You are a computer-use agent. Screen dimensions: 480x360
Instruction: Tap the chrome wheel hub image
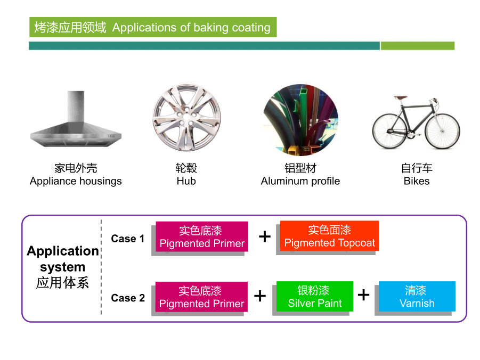point(186,118)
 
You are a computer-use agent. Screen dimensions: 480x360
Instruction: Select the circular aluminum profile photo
point(300,120)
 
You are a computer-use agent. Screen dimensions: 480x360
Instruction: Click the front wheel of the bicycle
point(442,131)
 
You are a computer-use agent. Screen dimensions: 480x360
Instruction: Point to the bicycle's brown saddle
point(401,98)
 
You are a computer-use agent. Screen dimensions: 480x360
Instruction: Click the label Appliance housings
point(76,181)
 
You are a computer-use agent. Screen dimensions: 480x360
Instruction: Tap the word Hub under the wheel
point(186,181)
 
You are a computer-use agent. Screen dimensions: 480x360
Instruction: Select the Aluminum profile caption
point(300,181)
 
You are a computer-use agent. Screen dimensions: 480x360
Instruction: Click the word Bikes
point(417,181)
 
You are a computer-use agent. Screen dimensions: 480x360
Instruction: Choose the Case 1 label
point(128,239)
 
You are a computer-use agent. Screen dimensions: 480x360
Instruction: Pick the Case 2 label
point(128,298)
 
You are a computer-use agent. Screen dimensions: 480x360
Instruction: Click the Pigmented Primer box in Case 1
point(202,236)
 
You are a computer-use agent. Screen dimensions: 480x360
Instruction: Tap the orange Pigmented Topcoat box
point(329,236)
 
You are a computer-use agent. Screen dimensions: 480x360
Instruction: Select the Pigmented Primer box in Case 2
point(201,297)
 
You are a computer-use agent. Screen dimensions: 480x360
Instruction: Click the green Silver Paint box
point(315,296)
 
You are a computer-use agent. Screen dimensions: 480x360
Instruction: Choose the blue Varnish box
point(417,296)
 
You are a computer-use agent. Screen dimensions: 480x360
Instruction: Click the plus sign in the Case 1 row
point(264,236)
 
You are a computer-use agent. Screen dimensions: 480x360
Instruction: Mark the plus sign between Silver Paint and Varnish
point(363,295)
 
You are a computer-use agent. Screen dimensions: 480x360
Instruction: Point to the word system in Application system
point(63,267)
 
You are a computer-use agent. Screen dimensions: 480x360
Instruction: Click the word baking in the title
point(211,28)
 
